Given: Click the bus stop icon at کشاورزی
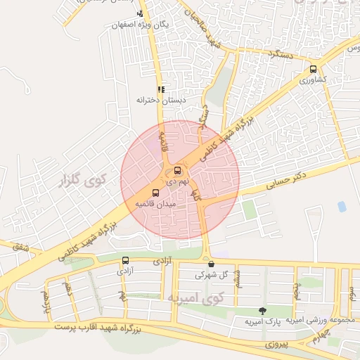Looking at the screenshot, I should [313, 70].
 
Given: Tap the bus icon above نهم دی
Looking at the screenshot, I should [176, 170].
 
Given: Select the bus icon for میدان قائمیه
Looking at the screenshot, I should [155, 193].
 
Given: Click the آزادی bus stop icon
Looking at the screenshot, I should [125, 260].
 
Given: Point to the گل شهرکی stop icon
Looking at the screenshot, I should [211, 264].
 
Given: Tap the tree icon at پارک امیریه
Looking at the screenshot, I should [262, 311].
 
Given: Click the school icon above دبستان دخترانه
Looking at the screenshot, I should [161, 89].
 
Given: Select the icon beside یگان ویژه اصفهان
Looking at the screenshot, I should [140, 13].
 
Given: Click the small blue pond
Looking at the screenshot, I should [342, 207].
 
